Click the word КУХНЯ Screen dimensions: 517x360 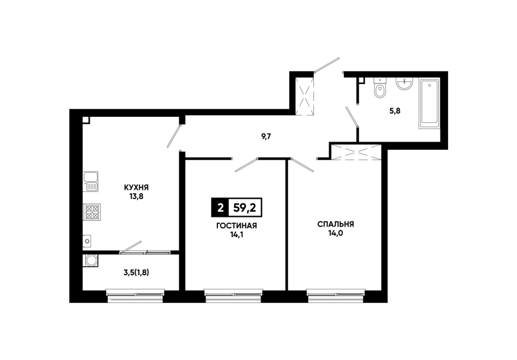pos(136,188)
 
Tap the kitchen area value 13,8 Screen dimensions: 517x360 pos(136,197)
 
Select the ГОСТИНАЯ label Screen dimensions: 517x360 pos(236,226)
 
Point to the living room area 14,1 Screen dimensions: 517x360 pos(236,235)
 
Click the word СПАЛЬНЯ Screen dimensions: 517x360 pos(336,224)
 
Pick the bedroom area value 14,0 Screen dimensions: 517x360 pos(336,233)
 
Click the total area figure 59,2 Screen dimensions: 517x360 pos(245,208)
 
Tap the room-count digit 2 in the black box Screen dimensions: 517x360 pos(220,208)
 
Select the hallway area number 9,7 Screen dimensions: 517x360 pos(266,137)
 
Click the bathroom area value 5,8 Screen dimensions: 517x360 pos(395,111)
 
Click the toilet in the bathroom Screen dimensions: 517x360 pos(379,88)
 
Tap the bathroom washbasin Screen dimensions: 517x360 pos(404,84)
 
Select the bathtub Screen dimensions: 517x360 pos(429,103)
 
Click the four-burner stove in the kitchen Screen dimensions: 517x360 pos(91,212)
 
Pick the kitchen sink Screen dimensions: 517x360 pos(90,182)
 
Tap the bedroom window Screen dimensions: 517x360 pos(336,295)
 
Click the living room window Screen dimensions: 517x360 pos(233,295)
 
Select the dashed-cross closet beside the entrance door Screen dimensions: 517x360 pos(304,96)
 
